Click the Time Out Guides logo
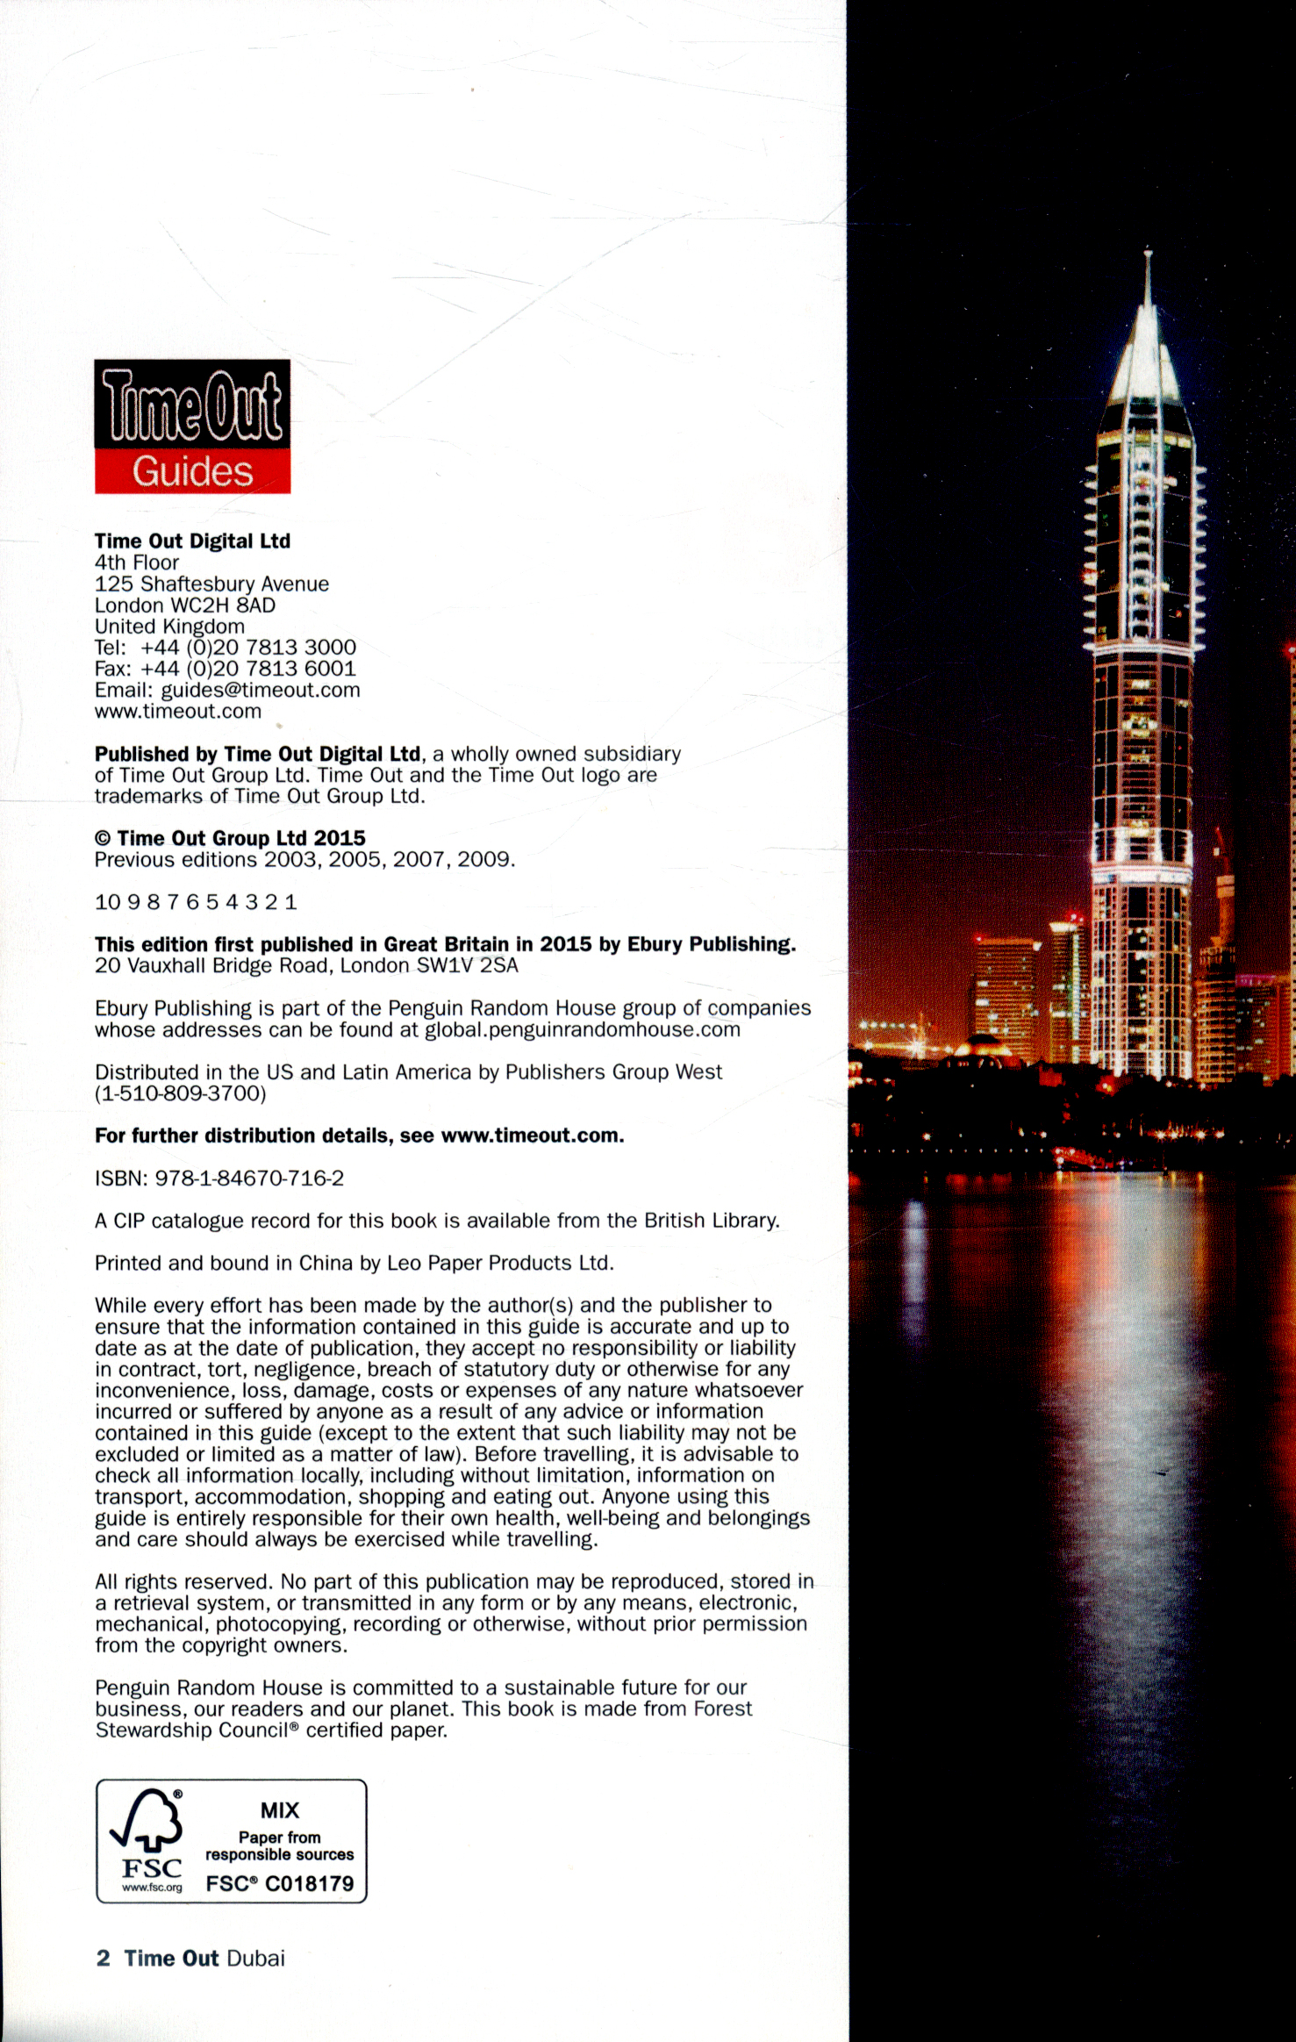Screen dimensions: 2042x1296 coord(192,426)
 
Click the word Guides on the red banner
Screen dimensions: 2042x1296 coord(192,472)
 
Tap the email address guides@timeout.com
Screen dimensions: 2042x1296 coord(261,690)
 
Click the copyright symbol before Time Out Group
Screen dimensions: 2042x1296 coord(103,839)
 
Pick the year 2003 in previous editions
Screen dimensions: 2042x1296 coord(290,860)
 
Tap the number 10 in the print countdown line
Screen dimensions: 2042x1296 coord(107,902)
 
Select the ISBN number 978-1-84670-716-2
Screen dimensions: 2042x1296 coord(249,1179)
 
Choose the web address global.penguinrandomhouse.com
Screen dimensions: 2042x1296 coord(583,1030)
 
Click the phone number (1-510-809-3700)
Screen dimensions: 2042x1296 coord(181,1094)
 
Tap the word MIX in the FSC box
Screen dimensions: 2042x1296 coord(280,1810)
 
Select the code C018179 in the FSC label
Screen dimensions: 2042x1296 coord(310,1884)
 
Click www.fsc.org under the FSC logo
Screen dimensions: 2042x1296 coord(153,1888)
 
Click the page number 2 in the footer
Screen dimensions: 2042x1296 coord(103,1959)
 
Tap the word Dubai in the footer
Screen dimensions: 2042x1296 coord(256,1959)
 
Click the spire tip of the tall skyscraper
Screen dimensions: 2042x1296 coord(1147,254)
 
